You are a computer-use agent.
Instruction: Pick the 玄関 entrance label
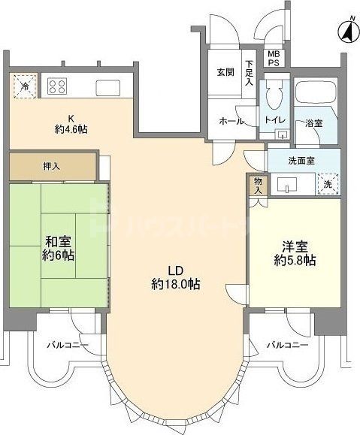(x=226, y=72)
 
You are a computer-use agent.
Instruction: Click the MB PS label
(x=274, y=59)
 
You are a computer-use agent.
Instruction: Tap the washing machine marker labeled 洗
(x=328, y=183)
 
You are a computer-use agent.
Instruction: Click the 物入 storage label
(x=258, y=185)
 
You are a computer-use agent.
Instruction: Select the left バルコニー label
(x=67, y=346)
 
